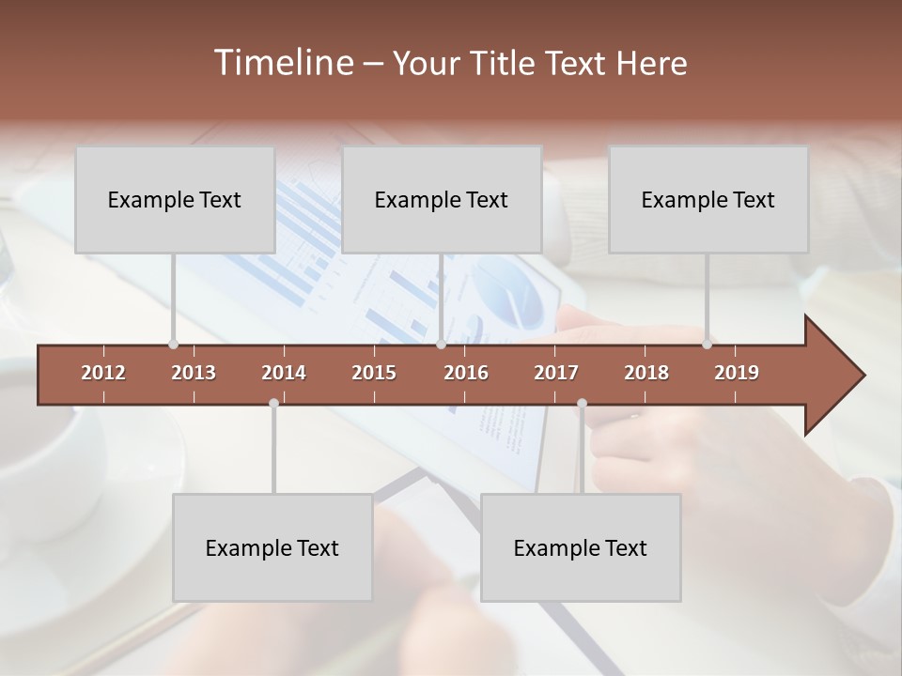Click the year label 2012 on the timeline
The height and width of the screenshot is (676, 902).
tap(103, 373)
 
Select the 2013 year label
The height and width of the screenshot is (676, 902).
tap(194, 373)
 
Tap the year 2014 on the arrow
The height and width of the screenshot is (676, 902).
tap(284, 373)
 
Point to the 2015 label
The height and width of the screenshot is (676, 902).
tap(374, 373)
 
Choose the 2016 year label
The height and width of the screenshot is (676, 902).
tap(466, 373)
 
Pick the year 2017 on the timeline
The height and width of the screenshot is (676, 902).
tap(556, 373)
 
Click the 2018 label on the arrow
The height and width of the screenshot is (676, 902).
tap(646, 373)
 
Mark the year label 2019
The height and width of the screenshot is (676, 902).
tap(737, 373)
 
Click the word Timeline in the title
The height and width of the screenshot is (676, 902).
tap(281, 63)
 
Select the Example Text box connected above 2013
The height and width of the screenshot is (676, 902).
tap(175, 199)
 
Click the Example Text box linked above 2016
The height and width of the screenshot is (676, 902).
tap(442, 199)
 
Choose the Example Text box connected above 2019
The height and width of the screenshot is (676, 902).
tap(708, 199)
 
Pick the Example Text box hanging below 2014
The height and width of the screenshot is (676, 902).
tap(272, 547)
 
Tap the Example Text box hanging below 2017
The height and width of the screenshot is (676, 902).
tap(581, 547)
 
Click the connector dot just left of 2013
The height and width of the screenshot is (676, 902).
tap(173, 345)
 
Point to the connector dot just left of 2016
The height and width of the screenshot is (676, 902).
tap(441, 345)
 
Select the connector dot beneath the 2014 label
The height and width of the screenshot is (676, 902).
tap(273, 403)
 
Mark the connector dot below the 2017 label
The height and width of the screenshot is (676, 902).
tap(582, 403)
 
